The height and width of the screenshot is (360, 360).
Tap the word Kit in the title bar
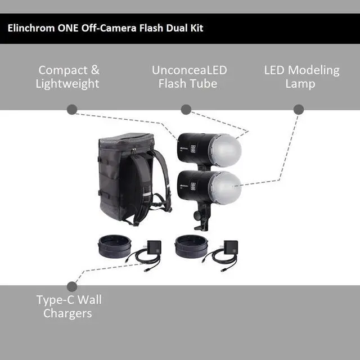tap(195, 28)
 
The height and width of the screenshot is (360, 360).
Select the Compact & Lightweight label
tap(68, 77)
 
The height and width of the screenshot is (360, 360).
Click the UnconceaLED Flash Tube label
tap(189, 77)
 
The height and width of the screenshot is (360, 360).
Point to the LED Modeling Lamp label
tap(301, 77)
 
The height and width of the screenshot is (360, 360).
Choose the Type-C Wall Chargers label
tap(69, 306)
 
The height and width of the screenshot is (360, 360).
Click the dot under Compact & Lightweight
tap(71, 110)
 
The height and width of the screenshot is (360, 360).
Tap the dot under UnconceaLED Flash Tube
tap(186, 110)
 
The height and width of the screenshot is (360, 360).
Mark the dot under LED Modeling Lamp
tap(298, 110)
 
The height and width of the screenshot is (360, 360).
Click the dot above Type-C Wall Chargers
tap(71, 286)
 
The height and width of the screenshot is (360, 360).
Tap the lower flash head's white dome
tap(224, 187)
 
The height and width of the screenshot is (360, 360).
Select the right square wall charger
tap(230, 247)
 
